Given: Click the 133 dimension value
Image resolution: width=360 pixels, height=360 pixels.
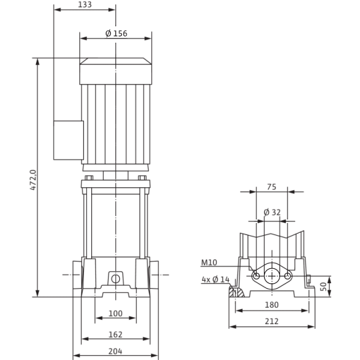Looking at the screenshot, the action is point(85,5).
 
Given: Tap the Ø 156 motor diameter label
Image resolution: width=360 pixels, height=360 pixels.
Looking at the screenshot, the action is point(116,34).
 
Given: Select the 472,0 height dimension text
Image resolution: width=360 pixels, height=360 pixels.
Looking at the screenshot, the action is point(33,180).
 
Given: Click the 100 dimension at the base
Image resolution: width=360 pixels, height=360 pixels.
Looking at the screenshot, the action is point(115,313).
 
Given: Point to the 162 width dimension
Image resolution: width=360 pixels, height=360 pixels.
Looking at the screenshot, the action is point(115,335).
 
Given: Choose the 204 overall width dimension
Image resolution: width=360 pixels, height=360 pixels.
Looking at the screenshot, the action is point(115,351).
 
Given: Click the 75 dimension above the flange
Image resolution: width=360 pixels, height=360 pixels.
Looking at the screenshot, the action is point(272,187).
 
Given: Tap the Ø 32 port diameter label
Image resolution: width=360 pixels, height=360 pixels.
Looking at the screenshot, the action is point(272,212).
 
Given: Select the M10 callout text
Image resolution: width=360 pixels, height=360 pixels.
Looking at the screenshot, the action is point(209,262).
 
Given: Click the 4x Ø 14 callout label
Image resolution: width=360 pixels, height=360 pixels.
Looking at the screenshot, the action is point(215,280).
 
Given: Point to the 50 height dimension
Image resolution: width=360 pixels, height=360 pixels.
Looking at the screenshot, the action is point(323,287).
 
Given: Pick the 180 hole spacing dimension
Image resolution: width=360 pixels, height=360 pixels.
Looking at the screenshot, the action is point(272,305).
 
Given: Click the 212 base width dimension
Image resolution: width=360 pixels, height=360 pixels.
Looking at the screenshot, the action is point(272,321).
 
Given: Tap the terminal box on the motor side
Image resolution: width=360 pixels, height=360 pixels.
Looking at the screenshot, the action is point(68,140).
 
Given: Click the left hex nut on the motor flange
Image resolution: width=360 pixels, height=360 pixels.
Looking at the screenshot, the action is point(89,178).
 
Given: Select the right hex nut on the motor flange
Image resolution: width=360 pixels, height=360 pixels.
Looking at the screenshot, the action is point(142,178).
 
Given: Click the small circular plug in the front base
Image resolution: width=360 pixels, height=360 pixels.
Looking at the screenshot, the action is point(115,279).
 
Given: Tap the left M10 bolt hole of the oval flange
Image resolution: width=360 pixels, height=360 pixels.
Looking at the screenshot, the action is point(256,276).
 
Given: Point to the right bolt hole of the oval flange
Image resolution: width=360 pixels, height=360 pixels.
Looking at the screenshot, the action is point(287,276).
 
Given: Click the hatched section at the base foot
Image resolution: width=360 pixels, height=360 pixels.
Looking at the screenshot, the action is point(236,292).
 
